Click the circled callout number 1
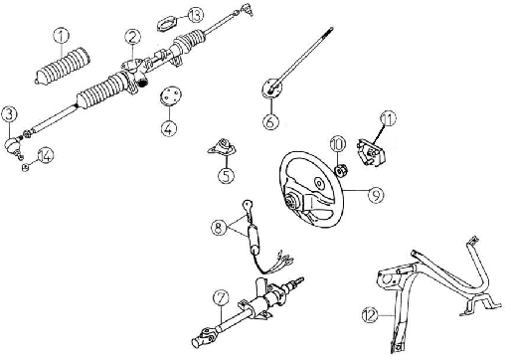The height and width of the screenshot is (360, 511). point(62,36)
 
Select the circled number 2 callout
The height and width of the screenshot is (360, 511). point(132,38)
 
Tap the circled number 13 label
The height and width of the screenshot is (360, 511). point(196,14)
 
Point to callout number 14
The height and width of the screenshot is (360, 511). point(46,155)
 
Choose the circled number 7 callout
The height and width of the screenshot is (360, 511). point(221,297)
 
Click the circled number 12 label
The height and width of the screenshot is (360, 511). point(370,314)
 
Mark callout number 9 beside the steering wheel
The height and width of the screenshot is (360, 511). point(376,195)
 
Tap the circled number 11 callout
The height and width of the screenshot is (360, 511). point(388,118)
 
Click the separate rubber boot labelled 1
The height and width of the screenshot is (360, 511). point(63,67)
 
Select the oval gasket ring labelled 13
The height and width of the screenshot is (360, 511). point(166,24)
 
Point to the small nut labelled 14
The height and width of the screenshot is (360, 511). point(25,167)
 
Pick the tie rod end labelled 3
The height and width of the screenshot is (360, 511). point(13,145)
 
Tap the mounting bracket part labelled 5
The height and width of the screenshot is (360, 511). point(221,147)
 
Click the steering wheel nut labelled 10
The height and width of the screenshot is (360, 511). point(342,171)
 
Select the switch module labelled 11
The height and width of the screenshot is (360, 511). point(371,152)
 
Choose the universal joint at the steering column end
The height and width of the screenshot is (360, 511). point(203,337)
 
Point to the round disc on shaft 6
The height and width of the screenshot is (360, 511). point(271,89)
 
